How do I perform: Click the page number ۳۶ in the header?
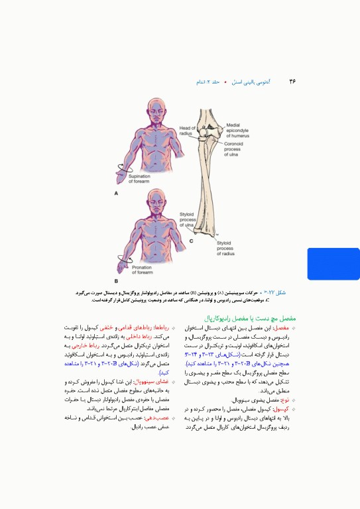[x=292, y=82]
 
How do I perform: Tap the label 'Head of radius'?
[x=188, y=131]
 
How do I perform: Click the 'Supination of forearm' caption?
[x=139, y=180]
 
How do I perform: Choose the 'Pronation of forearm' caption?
[x=141, y=270]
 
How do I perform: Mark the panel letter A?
[x=116, y=194]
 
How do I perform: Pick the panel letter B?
[x=116, y=282]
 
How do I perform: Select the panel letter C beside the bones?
[x=192, y=241]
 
